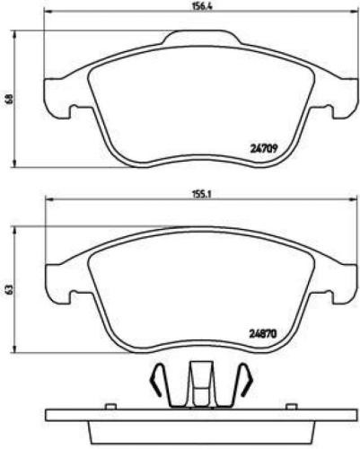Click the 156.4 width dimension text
coord(187,5)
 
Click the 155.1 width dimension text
coord(186,192)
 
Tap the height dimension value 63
coord(8,288)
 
